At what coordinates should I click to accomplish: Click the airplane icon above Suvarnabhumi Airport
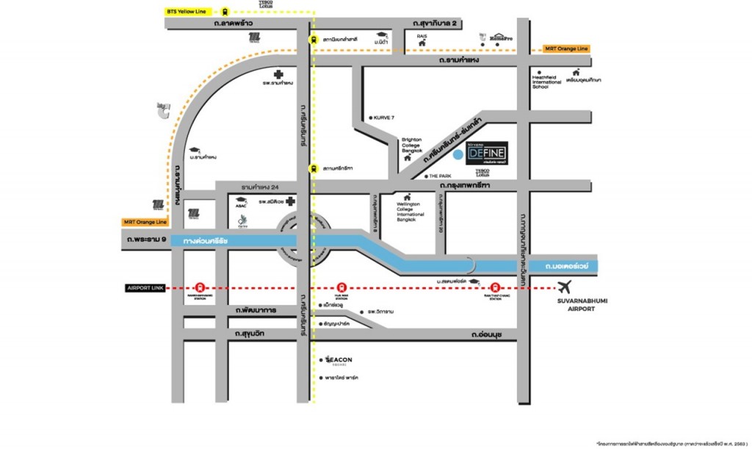tap(564, 287)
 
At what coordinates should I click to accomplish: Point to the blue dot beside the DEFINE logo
tap(458, 154)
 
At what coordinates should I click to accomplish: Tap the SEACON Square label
tap(339, 360)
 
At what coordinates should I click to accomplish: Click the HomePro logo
tap(500, 37)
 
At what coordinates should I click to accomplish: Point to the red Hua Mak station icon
tap(340, 288)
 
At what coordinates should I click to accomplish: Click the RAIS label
tap(422, 35)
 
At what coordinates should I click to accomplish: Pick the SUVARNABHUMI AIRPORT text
tap(574, 305)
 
